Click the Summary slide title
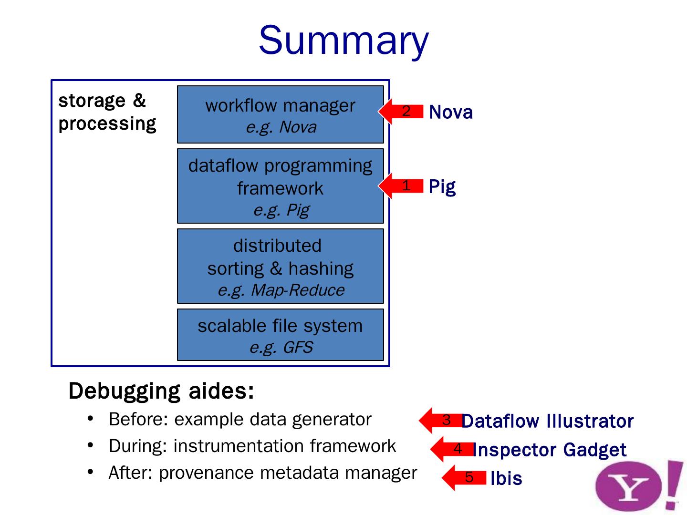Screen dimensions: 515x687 pyautogui.click(x=343, y=40)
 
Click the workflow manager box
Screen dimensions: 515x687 pyautogui.click(x=281, y=114)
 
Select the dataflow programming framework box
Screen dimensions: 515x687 pyautogui.click(x=281, y=186)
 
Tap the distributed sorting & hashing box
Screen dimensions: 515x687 pyautogui.click(x=281, y=266)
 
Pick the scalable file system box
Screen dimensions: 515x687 pyautogui.click(x=281, y=335)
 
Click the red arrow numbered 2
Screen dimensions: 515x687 pyautogui.click(x=402, y=111)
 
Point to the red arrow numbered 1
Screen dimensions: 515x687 pyautogui.click(x=402, y=185)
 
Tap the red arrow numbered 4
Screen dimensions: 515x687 pyautogui.click(x=452, y=449)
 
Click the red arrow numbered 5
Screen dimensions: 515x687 pyautogui.click(x=463, y=477)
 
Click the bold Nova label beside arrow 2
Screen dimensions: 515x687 pyautogui.click(x=451, y=113)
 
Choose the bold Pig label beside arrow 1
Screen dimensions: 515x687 pyautogui.click(x=442, y=187)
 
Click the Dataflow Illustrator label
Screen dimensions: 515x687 pyautogui.click(x=548, y=421)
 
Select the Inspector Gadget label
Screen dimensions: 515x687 pyautogui.click(x=550, y=450)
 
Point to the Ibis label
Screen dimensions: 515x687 pyautogui.click(x=506, y=478)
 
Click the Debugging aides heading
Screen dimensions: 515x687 pyautogui.click(x=161, y=391)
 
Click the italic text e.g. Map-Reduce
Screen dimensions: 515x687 pyautogui.click(x=281, y=290)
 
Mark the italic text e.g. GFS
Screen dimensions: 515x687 pyautogui.click(x=281, y=347)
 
